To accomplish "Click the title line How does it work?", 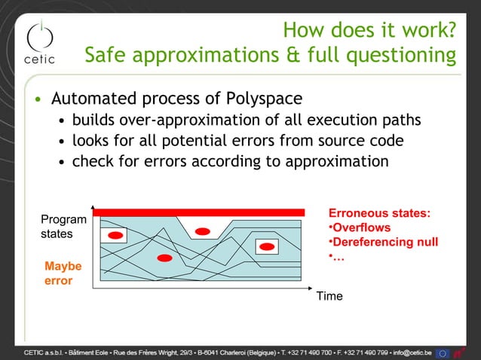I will [x=369, y=30].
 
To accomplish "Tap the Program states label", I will [x=63, y=227].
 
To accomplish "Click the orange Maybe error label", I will [x=63, y=273].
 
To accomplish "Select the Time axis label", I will [x=329, y=297].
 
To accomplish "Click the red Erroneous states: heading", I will [x=379, y=213].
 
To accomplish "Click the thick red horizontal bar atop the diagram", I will [x=199, y=212].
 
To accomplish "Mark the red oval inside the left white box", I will [x=115, y=236].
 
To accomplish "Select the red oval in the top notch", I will [x=202, y=230].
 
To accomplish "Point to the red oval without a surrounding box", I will [x=164, y=258].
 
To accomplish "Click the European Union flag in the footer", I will [x=443, y=352].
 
